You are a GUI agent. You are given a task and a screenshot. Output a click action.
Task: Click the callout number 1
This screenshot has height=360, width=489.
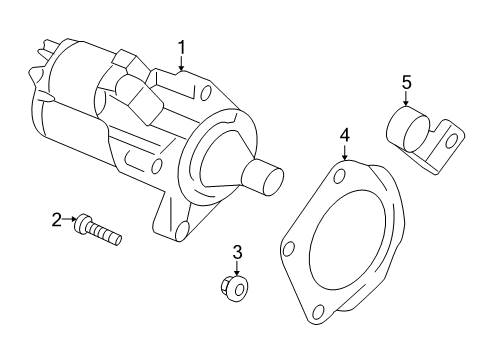point(183,46)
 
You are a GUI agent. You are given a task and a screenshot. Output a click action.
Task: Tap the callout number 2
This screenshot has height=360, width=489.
point(57,219)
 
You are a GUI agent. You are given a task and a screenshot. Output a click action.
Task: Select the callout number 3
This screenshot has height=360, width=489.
point(237,252)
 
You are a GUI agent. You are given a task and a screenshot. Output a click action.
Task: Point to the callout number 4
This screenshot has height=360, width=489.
point(343,134)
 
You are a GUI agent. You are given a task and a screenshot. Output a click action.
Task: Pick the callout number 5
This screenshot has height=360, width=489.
point(407,83)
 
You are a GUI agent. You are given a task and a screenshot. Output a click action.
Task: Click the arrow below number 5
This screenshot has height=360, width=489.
point(407,102)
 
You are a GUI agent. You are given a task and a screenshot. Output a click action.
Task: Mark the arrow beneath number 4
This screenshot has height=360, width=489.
point(343,150)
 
